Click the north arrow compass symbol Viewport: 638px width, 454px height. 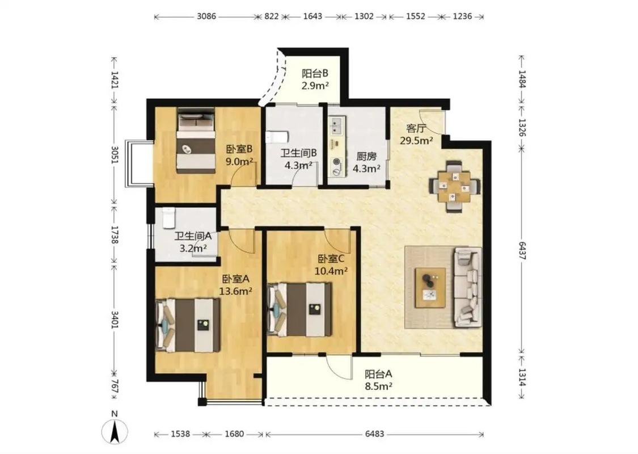[x=115, y=431]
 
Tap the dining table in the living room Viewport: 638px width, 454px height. [x=455, y=187]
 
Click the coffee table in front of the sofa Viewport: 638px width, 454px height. [x=430, y=288]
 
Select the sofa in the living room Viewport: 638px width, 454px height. [x=467, y=287]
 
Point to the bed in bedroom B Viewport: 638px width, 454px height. [x=196, y=141]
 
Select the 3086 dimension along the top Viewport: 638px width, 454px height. [x=206, y=16]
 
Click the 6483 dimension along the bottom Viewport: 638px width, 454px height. [x=374, y=434]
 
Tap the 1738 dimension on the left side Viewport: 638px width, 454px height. [x=115, y=236]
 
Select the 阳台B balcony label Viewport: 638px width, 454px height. [x=315, y=74]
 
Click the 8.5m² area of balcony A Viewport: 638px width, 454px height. [x=378, y=386]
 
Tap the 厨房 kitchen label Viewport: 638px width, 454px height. [x=366, y=157]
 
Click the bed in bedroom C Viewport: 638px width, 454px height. [x=299, y=309]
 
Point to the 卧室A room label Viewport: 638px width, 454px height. [x=235, y=279]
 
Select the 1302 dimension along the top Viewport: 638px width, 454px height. [x=364, y=16]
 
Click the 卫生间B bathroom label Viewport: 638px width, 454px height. [x=298, y=153]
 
